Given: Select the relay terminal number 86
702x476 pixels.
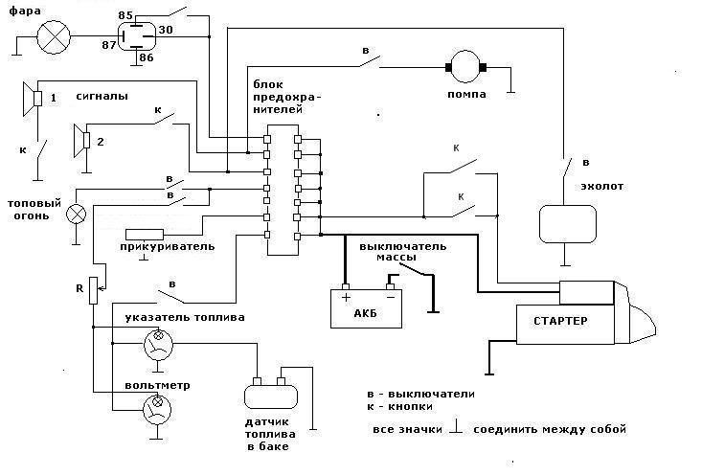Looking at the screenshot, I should point(146,58).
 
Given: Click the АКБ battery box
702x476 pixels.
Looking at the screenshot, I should point(364,307).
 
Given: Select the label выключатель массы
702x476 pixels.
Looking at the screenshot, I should point(402,252).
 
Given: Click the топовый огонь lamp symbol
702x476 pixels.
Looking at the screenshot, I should point(78,213).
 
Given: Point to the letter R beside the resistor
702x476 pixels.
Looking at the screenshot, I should point(79,287).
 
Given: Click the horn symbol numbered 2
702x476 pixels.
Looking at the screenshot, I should point(80,141).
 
